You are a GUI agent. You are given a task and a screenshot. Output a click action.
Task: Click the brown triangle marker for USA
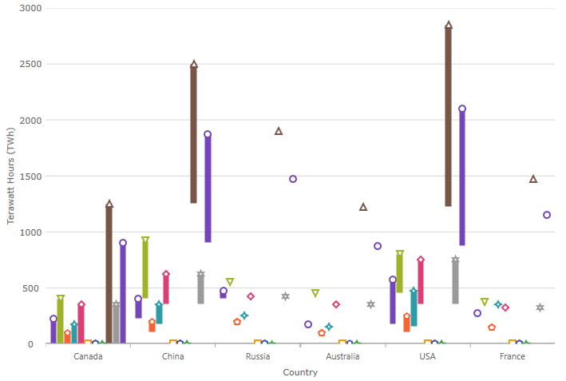tap(449, 26)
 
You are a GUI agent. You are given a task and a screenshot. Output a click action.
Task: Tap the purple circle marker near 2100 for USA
tap(462, 109)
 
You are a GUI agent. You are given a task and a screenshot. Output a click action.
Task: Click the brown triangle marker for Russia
tap(279, 131)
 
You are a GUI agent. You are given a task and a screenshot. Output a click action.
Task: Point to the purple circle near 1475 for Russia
tap(293, 179)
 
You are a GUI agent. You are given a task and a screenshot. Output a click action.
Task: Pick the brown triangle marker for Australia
tap(363, 207)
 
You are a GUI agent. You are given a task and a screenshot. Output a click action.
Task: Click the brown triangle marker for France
tap(533, 179)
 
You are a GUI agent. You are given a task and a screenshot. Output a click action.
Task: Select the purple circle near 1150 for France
tap(547, 215)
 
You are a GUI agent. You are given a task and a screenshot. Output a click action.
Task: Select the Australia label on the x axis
tap(342, 356)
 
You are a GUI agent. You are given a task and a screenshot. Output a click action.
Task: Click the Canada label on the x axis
tap(88, 356)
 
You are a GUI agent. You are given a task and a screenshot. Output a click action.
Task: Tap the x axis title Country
tap(300, 372)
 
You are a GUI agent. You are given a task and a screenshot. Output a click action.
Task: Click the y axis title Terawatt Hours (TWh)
tap(11, 176)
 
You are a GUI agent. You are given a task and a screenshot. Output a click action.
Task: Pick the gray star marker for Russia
tap(285, 296)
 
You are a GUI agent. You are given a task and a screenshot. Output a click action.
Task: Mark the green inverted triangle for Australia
tap(315, 293)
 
